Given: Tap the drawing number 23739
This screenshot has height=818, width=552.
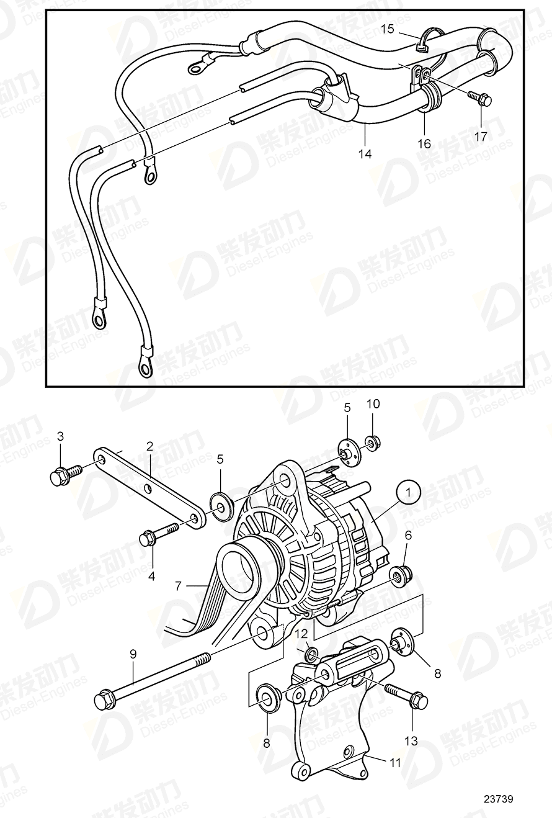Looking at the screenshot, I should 499,799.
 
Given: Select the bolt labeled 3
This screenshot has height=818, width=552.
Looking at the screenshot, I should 62,475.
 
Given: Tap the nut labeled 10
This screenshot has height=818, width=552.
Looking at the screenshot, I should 373,443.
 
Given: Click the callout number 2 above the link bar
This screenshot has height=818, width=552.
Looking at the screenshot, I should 149,446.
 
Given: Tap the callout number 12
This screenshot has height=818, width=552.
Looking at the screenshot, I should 301,634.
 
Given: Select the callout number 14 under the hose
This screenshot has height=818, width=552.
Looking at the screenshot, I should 365,153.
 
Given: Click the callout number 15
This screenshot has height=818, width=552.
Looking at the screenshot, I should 387,28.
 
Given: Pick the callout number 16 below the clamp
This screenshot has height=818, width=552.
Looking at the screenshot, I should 424,143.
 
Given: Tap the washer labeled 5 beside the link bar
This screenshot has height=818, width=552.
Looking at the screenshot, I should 221,503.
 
